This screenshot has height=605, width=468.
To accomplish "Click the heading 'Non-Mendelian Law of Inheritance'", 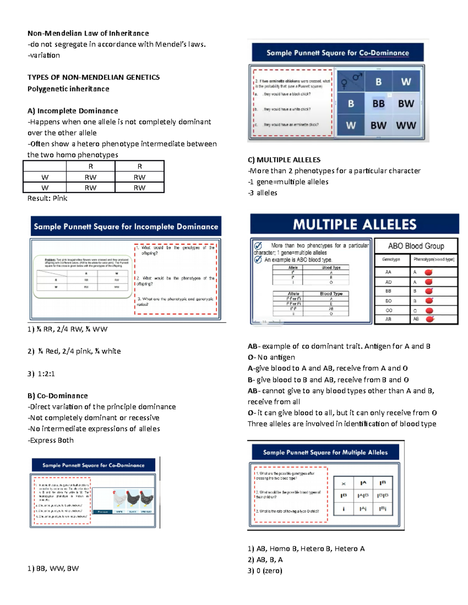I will pos(88,34).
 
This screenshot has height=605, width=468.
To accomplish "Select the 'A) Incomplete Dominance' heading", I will pos(73,111).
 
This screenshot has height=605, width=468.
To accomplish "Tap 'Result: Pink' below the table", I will pos(47,198).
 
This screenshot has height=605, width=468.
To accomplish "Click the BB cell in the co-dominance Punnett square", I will pos(378,104).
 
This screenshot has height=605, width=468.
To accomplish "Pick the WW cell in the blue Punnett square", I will pos(406,125).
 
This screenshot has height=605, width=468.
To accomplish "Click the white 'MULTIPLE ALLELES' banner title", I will pos(355,224).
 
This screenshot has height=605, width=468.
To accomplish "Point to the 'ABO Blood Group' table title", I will pos(416,246).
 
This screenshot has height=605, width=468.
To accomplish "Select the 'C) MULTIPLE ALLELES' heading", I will pos(284,160).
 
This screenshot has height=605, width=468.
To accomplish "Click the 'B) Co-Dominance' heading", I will pos(58,396).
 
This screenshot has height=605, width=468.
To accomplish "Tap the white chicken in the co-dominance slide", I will pos(119,499).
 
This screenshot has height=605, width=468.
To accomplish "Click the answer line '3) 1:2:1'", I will pos(41,374).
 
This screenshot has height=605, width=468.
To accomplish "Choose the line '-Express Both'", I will pos(51,440).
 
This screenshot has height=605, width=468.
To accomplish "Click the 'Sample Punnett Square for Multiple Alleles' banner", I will pos(325,452).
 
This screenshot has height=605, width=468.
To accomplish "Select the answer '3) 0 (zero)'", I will pos(265,571).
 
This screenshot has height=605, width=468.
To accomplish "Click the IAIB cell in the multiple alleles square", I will pos(363,496).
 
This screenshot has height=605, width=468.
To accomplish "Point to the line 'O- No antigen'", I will pos(271,357).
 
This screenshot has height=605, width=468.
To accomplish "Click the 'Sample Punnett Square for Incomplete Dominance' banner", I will pos(126,227).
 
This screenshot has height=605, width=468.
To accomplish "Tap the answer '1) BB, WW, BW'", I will pos(53,568).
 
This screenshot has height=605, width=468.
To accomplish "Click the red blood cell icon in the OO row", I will pos(429,310).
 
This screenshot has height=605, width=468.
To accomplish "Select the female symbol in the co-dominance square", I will pos(344,84).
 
